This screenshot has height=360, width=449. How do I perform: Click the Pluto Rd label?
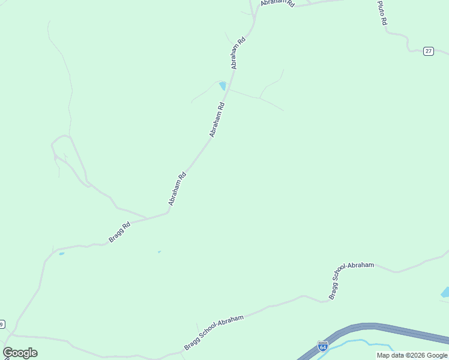[x=382, y=13]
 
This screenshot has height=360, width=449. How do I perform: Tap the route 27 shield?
[x=428, y=51]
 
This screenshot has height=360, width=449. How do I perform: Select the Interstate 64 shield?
[x=323, y=347]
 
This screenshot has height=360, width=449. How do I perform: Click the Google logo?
[x=20, y=353]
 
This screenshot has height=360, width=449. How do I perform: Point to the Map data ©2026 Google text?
[x=412, y=355]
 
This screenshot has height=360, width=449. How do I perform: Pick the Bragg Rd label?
[x=119, y=233]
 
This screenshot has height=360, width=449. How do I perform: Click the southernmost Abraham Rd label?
[x=178, y=189]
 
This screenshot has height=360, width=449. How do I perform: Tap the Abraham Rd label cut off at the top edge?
[x=278, y=3]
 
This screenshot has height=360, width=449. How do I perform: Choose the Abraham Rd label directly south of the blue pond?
[x=217, y=119]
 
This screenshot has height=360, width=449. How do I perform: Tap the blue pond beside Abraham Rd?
[x=223, y=85]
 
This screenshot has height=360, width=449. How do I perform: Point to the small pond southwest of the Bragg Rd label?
[x=61, y=254]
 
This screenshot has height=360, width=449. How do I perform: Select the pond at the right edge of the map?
[x=445, y=293]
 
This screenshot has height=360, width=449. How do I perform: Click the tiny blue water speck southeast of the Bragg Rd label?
[x=159, y=252]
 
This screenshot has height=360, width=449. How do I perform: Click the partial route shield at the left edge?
[x=2, y=325]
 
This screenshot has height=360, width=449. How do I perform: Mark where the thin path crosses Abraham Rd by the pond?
[x=229, y=90]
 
